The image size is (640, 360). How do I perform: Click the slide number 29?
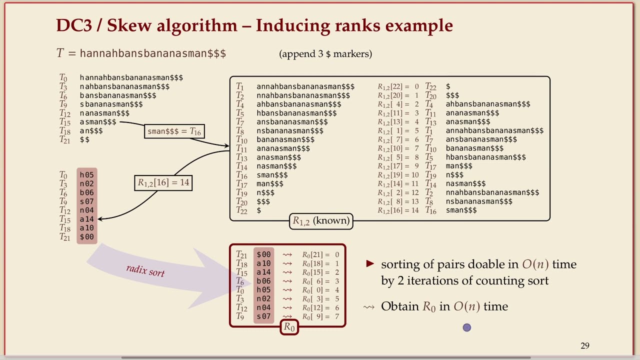click(x=585, y=345)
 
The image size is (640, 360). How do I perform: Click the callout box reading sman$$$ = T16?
click(x=174, y=131)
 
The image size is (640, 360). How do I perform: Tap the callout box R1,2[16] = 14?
click(x=163, y=182)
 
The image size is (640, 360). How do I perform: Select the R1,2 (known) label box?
click(x=321, y=221)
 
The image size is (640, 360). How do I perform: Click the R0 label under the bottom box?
click(x=289, y=327)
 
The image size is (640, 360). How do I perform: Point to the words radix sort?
click(x=145, y=270)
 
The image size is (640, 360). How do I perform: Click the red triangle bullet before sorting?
click(x=370, y=263)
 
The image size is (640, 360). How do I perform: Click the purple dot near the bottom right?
click(x=466, y=327)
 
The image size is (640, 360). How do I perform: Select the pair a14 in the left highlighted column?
click(x=86, y=219)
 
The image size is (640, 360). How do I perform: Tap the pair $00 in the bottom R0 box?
click(x=263, y=254)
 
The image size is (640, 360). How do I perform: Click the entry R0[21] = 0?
click(x=320, y=254)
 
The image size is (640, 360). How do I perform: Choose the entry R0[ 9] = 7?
click(x=320, y=316)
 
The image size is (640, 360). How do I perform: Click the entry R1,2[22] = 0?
click(x=398, y=86)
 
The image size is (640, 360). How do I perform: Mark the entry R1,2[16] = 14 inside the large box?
click(x=398, y=210)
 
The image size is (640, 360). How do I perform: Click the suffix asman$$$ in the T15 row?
click(x=98, y=122)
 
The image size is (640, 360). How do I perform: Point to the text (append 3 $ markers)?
click(x=325, y=53)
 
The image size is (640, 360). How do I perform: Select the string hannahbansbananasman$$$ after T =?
click(x=153, y=53)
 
